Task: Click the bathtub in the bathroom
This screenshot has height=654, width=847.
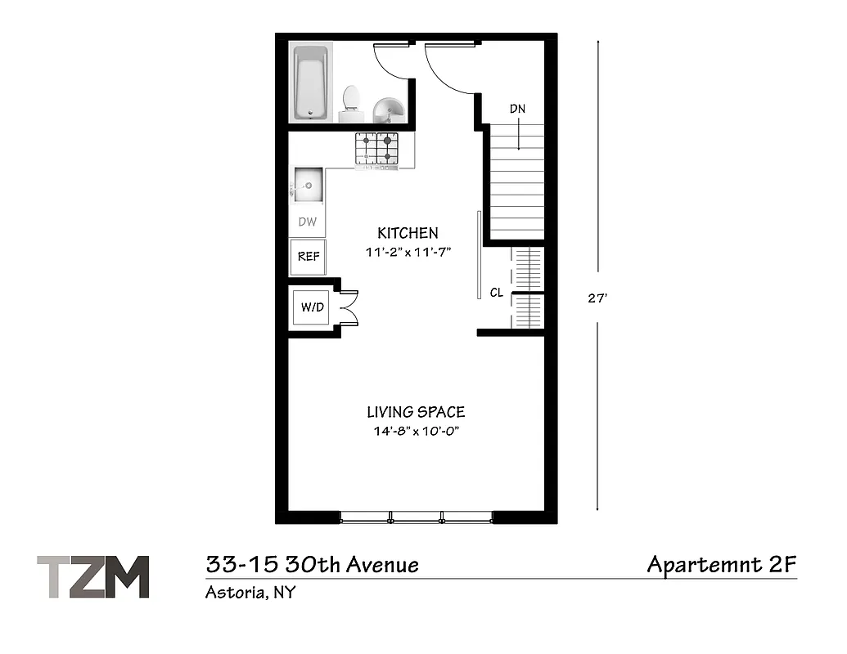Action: tap(311, 82)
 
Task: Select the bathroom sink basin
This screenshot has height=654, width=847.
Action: tap(388, 109)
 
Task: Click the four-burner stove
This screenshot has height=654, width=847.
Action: tap(376, 149)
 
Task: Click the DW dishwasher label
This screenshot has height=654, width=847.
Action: tap(308, 222)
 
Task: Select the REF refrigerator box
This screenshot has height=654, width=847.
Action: tap(308, 257)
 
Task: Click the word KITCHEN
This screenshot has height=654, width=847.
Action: tap(408, 233)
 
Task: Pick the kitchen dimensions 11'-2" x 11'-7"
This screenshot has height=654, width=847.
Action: tap(408, 253)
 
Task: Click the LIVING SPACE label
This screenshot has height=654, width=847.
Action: tap(416, 412)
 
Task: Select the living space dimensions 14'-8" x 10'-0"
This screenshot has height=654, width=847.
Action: tap(417, 432)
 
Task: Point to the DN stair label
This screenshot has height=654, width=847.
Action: tap(517, 109)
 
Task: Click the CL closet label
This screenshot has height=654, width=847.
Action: tap(496, 293)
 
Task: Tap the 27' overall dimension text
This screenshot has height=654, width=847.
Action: tap(597, 298)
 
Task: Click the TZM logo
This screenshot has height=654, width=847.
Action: tap(93, 577)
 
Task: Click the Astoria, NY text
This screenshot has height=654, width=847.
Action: tap(250, 593)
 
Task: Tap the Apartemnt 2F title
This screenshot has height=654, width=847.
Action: tap(721, 564)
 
